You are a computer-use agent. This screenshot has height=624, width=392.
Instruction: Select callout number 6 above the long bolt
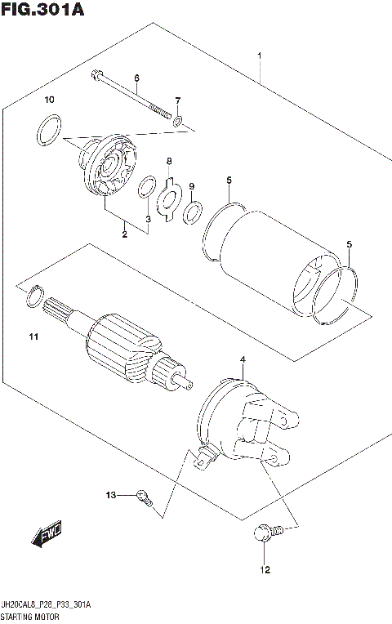(x=136, y=78)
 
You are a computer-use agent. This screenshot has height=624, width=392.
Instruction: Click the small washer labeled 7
(x=177, y=123)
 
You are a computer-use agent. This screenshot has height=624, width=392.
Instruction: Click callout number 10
(x=49, y=100)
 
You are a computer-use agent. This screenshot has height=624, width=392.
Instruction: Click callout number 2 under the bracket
(x=125, y=234)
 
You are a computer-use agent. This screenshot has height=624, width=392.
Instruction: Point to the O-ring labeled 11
(x=33, y=297)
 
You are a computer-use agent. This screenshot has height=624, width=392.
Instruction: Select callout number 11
(x=33, y=336)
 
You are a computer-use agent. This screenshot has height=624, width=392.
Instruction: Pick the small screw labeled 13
(x=145, y=497)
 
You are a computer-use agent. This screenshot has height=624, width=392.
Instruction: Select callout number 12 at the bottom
(x=264, y=569)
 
